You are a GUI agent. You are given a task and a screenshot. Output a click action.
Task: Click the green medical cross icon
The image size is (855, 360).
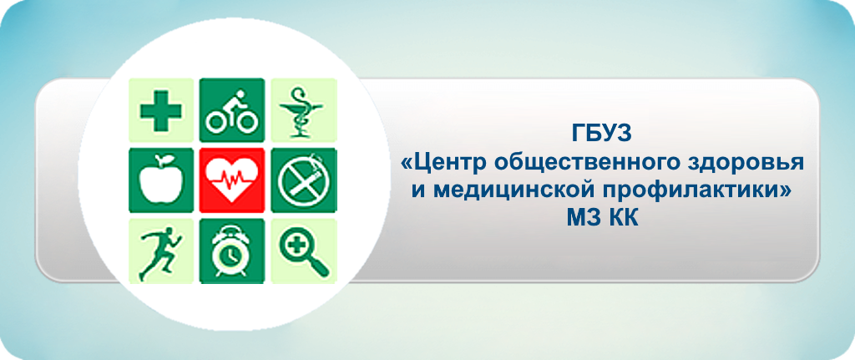tap(161, 111)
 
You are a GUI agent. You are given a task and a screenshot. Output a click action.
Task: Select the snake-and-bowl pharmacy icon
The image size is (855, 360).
tap(304, 111)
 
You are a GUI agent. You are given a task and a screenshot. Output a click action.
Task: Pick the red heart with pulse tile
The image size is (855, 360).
tap(232, 180)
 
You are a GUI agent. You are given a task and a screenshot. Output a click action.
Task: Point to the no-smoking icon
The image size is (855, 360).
tap(304, 180)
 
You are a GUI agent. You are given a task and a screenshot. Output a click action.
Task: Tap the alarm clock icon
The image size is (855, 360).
tap(232, 251)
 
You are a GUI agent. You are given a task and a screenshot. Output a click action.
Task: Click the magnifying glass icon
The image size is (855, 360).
tap(304, 251)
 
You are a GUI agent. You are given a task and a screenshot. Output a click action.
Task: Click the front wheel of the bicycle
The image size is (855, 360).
tap(247, 122)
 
